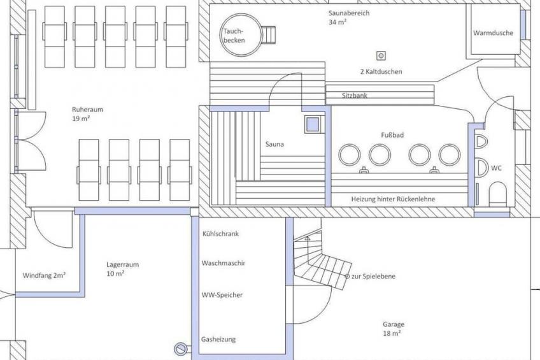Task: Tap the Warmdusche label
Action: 493,33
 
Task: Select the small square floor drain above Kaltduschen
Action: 381,55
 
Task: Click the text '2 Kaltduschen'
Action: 381,71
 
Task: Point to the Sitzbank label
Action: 354,96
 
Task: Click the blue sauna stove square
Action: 313,124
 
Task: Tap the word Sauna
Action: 274,144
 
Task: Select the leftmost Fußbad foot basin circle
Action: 350,155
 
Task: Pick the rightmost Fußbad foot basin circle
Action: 450,155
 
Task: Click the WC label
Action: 496,168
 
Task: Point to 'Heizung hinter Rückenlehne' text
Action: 393,199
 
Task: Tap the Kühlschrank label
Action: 220,234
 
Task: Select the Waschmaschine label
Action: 223,263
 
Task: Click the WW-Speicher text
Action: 222,295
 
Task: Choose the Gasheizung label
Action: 218,339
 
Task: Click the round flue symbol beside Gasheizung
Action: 180,349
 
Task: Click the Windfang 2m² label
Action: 44,275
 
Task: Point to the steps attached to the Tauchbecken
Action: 269,35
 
